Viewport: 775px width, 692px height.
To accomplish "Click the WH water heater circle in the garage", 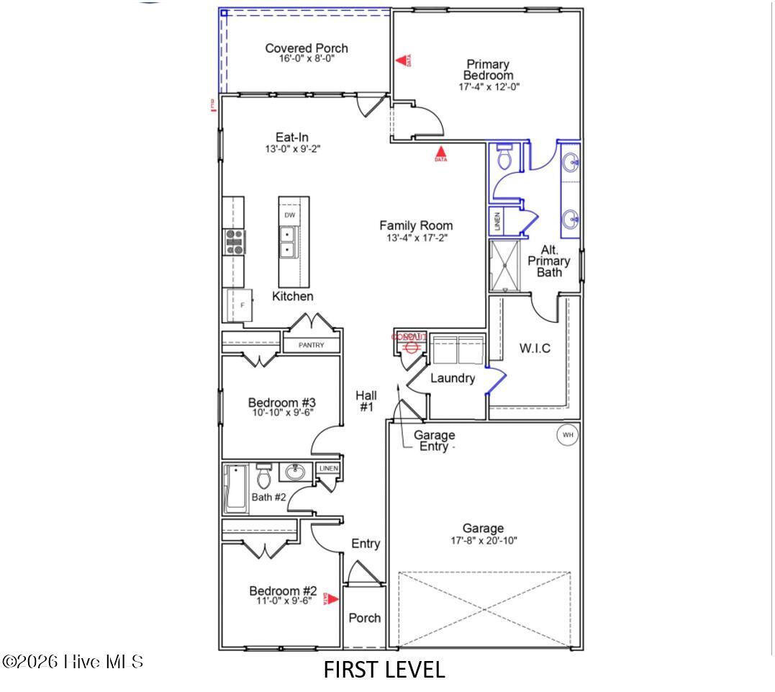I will tap(567, 435).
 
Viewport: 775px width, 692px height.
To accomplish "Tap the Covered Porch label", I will tap(307, 48).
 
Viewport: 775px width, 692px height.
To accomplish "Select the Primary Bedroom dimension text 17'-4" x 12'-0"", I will tap(489, 86).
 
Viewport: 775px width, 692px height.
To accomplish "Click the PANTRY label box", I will tap(312, 346).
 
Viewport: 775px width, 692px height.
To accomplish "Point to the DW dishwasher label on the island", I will tap(289, 215).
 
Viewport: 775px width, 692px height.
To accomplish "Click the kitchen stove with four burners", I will tap(235, 242).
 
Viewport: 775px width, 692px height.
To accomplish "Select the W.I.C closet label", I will tap(535, 349).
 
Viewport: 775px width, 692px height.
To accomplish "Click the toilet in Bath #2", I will tap(263, 476).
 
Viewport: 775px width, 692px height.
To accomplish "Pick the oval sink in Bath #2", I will tap(294, 472).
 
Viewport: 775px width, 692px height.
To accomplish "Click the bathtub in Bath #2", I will tap(235, 488).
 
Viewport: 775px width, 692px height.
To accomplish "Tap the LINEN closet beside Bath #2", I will tap(328, 469).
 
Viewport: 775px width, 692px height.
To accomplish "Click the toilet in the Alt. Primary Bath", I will tap(504, 156).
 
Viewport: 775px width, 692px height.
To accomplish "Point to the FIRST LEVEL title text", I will tap(384, 670).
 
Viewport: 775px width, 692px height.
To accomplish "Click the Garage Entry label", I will tap(434, 441).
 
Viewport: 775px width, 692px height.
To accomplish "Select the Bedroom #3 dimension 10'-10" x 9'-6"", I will tap(282, 413).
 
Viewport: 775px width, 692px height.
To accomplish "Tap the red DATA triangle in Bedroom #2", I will tap(332, 598).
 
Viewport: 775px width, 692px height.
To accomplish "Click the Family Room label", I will tap(416, 225).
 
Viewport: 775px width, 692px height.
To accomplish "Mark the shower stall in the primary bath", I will tap(509, 266).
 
